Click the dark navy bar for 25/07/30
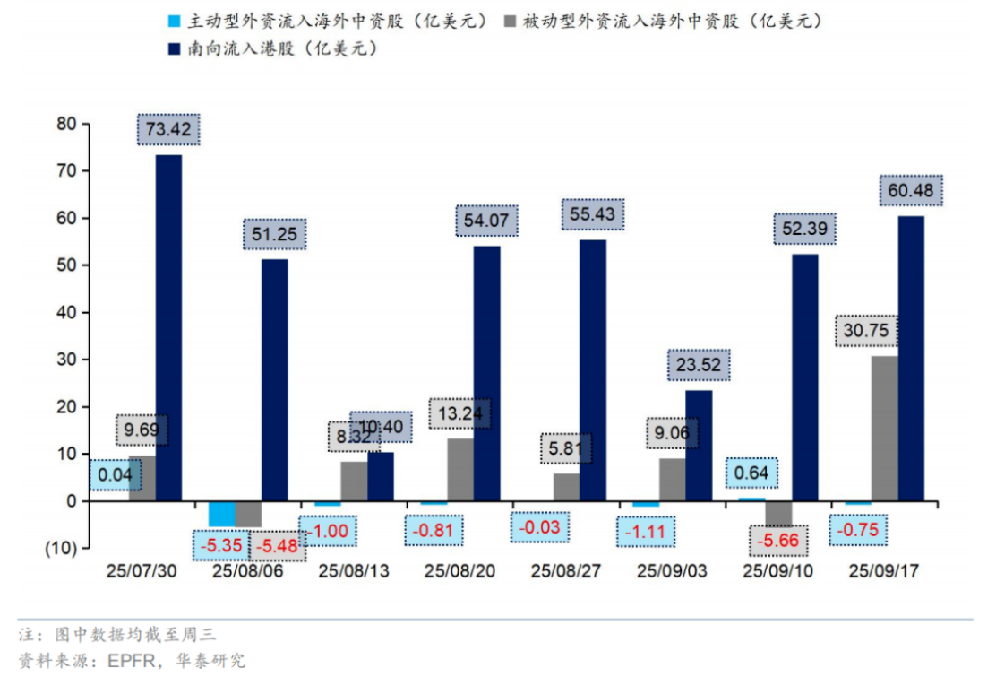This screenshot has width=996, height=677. (x=168, y=328)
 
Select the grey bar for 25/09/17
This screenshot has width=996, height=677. (x=885, y=429)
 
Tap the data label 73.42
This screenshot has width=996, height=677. (x=168, y=130)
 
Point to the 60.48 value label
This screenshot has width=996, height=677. (x=910, y=191)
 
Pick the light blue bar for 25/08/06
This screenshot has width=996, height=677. (x=221, y=514)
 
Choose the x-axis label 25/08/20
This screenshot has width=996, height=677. (x=459, y=570)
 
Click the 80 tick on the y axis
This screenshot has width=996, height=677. (x=67, y=124)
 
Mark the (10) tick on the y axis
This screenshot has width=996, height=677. (x=60, y=548)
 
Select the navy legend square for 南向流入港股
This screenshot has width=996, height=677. (x=174, y=49)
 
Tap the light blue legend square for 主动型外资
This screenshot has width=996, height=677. (x=174, y=20)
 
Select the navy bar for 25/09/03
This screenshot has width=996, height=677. (x=699, y=446)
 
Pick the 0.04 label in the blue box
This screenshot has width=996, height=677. (x=116, y=473)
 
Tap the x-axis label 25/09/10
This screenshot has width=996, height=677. (x=777, y=570)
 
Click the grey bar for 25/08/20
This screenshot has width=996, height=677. (x=459, y=470)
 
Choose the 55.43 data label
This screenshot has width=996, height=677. (x=592, y=214)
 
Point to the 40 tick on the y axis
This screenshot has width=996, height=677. (x=67, y=313)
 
